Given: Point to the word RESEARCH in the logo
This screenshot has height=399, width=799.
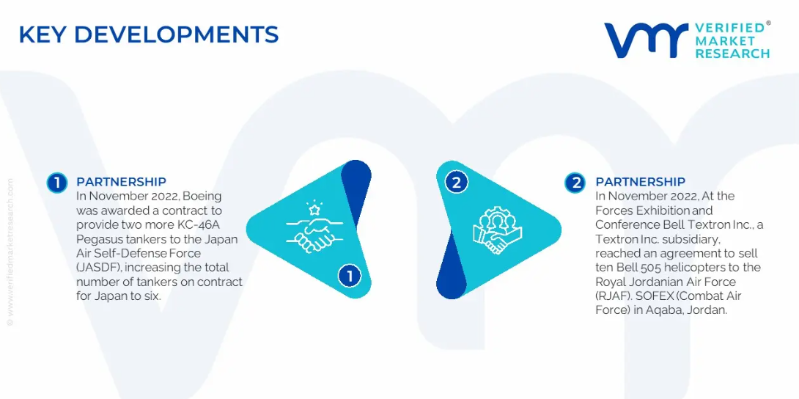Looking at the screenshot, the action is pyautogui.click(x=732, y=54).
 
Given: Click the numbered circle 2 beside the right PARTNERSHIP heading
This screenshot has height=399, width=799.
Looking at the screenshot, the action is pyautogui.click(x=575, y=183).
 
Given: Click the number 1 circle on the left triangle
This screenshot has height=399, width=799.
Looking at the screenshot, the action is pyautogui.click(x=350, y=276).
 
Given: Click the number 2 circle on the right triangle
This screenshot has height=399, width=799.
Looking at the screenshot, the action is pyautogui.click(x=456, y=183).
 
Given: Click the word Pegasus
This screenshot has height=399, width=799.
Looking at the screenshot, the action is pyautogui.click(x=96, y=240).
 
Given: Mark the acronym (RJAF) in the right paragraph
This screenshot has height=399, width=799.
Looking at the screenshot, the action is pyautogui.click(x=611, y=296).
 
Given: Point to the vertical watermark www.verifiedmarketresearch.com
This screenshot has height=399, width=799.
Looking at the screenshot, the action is pyautogui.click(x=10, y=253).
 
